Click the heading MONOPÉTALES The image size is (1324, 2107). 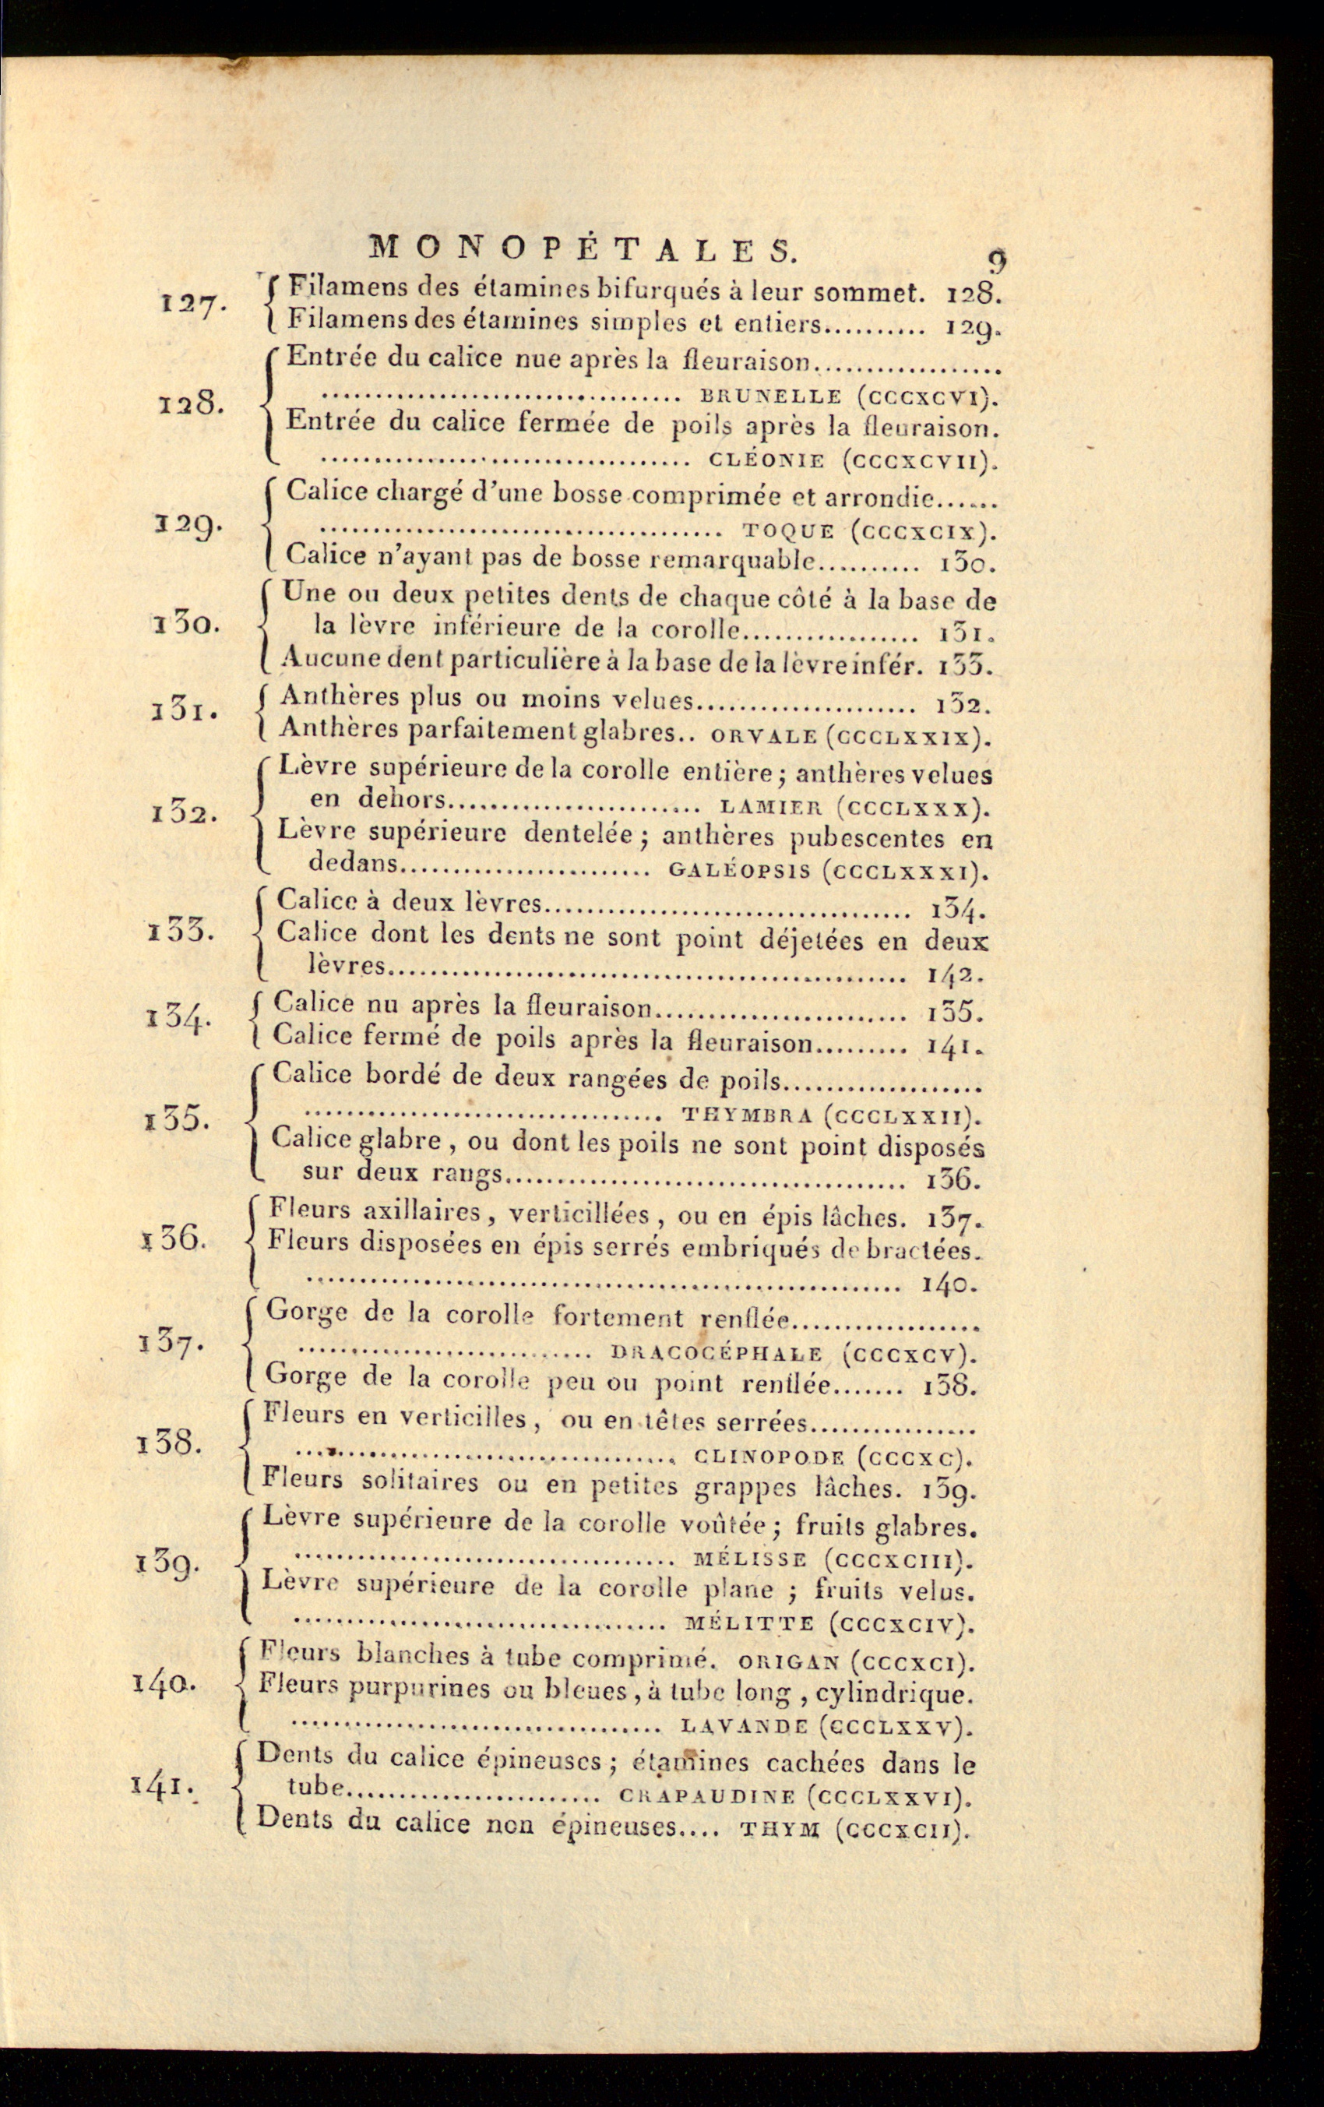pyautogui.click(x=583, y=250)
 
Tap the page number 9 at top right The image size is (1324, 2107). pyautogui.click(x=997, y=262)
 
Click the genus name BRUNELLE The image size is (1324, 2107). pyautogui.click(x=766, y=396)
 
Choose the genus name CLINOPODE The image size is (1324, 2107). pyautogui.click(x=769, y=1457)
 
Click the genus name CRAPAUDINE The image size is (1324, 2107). pyautogui.click(x=706, y=1796)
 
